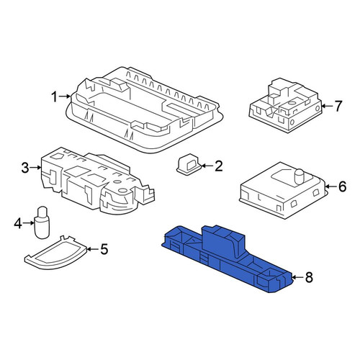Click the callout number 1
click(x=55, y=97)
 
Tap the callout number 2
click(x=218, y=166)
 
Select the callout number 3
click(x=25, y=168)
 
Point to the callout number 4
click(x=18, y=224)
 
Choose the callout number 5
click(x=104, y=249)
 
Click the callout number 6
click(x=343, y=186)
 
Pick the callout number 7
click(x=338, y=106)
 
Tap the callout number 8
click(x=309, y=278)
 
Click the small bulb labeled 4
click(x=42, y=222)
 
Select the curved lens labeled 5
click(x=55, y=252)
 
